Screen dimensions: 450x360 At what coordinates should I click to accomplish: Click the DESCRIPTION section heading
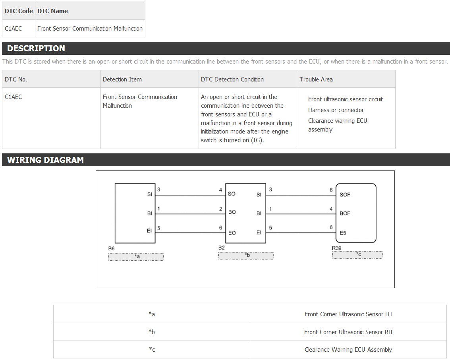(36, 48)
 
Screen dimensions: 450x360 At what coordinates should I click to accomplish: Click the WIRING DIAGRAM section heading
(45, 160)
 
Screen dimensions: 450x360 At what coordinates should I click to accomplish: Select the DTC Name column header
(52, 11)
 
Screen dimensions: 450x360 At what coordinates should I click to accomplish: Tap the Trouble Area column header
(316, 79)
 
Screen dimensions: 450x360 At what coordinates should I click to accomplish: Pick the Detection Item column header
(122, 79)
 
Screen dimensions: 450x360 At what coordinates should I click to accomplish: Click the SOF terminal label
(345, 195)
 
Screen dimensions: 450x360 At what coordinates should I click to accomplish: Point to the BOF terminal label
(345, 213)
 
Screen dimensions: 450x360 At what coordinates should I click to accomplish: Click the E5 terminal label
(343, 233)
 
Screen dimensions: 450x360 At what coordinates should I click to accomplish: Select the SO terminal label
(232, 194)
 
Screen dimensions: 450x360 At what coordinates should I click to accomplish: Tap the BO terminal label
(232, 212)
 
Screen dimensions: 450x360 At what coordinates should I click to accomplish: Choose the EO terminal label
(232, 233)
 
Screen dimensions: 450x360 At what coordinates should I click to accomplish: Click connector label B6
(111, 248)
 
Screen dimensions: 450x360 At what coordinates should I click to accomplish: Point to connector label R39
(337, 248)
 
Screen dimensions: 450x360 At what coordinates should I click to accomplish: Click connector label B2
(222, 248)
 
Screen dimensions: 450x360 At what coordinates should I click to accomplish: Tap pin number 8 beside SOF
(331, 190)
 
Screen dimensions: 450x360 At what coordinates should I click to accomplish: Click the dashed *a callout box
(136, 257)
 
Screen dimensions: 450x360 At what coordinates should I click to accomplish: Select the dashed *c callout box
(357, 255)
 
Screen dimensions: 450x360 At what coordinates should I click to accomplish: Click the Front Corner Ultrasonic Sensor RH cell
(348, 332)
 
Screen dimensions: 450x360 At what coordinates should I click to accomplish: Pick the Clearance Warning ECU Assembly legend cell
(348, 349)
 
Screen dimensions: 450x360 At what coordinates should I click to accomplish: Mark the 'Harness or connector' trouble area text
(336, 110)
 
